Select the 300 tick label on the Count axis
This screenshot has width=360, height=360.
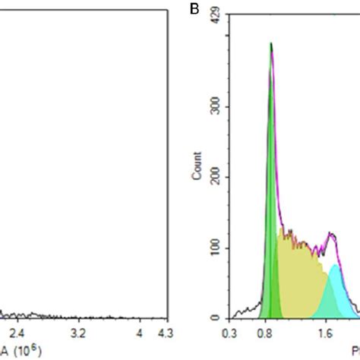tap(215, 107)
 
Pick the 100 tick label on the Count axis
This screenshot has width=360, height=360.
tap(215, 248)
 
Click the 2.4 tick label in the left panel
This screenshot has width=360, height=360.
tap(17, 333)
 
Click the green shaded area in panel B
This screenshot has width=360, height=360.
tap(270, 228)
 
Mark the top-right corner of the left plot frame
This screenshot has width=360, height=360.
tap(168, 8)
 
